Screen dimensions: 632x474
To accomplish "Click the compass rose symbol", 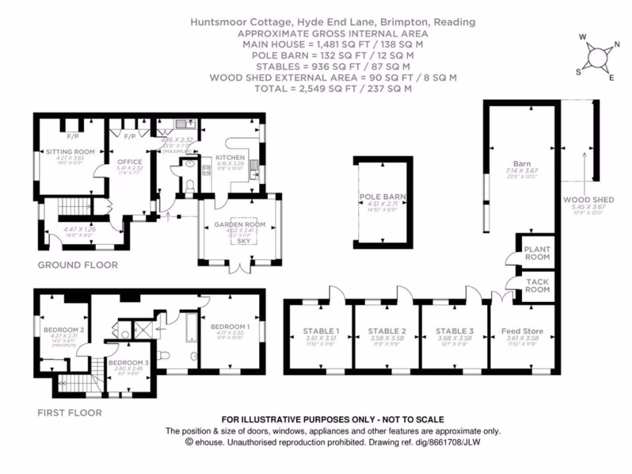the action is (x=597, y=57).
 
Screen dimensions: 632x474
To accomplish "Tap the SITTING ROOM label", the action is (x=70, y=151).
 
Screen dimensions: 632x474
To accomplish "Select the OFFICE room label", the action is (x=130, y=162).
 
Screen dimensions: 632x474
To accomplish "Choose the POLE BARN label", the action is (x=383, y=197).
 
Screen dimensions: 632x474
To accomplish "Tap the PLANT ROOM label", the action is (x=536, y=253).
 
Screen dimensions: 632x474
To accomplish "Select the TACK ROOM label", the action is (x=536, y=286).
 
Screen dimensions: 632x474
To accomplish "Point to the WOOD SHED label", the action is (x=588, y=200).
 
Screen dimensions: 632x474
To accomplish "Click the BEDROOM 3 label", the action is (x=128, y=362).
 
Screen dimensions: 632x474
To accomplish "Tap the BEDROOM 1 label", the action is (x=230, y=326).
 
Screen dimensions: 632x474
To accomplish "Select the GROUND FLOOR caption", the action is (x=78, y=265).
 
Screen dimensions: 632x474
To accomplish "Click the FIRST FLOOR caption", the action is (x=69, y=412).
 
